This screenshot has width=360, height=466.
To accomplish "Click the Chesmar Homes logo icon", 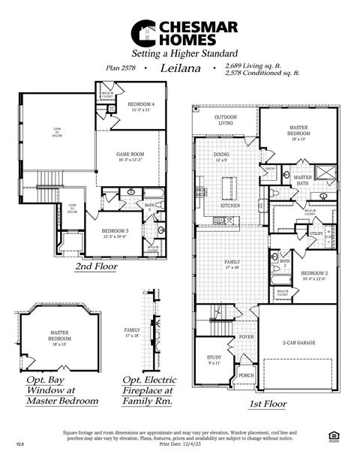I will point(143,33).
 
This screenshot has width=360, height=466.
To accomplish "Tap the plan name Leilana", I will point(179,68).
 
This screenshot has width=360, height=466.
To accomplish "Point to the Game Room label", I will point(131,156).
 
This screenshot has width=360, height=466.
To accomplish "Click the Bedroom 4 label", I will point(141,106).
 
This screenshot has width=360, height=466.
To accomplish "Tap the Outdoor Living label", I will point(225,120).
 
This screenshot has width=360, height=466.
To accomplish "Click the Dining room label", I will point(222,157).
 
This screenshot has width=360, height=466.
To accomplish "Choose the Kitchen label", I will point(229,205).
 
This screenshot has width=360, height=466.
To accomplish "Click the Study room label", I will point(213,359).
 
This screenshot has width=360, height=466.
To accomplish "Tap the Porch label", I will point(245,375).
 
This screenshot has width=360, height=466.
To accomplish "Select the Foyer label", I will point(247,338).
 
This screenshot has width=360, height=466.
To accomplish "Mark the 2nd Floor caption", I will point(95,266).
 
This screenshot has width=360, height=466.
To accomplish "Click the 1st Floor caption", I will point(267,404).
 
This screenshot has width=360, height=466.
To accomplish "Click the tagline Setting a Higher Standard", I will point(184,54).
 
